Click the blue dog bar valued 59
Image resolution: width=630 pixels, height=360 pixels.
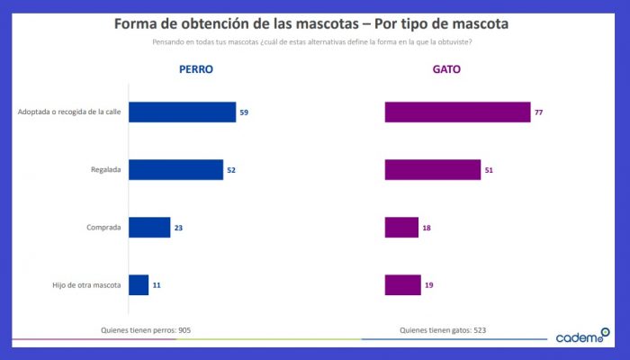[x=182, y=112]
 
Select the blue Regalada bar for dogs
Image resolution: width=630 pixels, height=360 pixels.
[x=175, y=169]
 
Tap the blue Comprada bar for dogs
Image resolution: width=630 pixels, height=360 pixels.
[x=149, y=227]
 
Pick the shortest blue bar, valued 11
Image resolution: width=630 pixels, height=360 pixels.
[x=139, y=284]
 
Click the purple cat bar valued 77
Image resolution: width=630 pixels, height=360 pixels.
[x=457, y=112]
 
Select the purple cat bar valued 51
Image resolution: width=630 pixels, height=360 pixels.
[x=432, y=169]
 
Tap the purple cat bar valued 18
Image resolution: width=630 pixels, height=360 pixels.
[x=401, y=227]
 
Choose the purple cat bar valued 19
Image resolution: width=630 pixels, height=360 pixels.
[x=402, y=284]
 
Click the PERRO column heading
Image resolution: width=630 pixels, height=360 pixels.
[x=196, y=68]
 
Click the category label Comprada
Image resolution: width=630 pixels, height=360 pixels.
[x=103, y=228]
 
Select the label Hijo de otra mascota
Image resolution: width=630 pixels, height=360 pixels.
[x=87, y=285]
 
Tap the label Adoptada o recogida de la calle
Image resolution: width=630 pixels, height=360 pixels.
[x=69, y=112]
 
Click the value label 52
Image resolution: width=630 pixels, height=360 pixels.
[x=230, y=170]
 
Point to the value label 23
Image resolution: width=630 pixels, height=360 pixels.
[x=178, y=228]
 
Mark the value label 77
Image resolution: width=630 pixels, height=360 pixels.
[x=539, y=112]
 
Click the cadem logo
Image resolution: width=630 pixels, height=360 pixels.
[x=581, y=337]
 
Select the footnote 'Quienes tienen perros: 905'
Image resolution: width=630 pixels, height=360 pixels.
[x=145, y=330]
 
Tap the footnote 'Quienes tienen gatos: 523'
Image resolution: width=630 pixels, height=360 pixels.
[x=443, y=330]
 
